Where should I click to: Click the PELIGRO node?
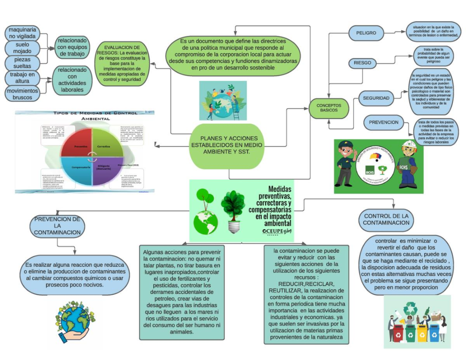click(366, 33)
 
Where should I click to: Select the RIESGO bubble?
click(362, 63)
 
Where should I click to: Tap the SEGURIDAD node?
click(376, 98)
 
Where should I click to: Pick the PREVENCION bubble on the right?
click(384, 122)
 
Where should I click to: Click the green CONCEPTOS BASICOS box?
click(329, 108)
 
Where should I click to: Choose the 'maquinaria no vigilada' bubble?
click(22, 33)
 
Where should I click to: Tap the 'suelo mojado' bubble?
click(22, 48)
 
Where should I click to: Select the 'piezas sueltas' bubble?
click(22, 63)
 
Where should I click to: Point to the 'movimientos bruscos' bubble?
click(22, 94)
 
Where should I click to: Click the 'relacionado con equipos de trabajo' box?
click(72, 47)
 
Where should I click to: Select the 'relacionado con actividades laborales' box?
click(72, 80)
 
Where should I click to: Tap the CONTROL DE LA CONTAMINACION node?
click(386, 219)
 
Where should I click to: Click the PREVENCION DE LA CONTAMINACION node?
click(57, 226)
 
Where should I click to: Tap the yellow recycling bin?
click(422, 334)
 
